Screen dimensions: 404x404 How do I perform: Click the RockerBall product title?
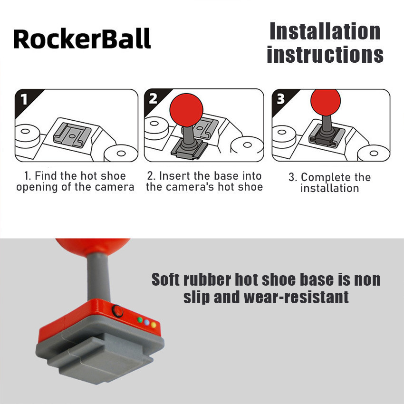point(82,38)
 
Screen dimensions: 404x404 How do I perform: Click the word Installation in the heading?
point(325,31)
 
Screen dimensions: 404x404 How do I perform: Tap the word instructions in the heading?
point(325,54)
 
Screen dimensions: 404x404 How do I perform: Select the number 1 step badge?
point(24,99)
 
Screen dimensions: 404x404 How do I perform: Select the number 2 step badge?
point(153,98)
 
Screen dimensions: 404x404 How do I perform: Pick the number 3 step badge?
point(281,99)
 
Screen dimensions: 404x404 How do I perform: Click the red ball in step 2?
point(186,110)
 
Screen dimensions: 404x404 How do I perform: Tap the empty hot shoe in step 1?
point(72,135)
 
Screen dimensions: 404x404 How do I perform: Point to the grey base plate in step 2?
point(189,150)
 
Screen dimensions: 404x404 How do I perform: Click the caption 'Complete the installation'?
point(329,183)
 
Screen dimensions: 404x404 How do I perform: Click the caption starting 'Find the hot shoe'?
point(75,182)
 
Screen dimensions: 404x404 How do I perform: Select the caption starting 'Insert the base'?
point(204,182)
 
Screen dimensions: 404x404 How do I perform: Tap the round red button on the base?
point(117,311)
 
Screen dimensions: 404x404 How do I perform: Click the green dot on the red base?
point(140,320)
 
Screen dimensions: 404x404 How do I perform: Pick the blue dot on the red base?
point(146,322)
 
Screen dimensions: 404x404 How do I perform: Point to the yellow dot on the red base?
point(154,325)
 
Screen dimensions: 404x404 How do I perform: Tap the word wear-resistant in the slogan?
point(296,297)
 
